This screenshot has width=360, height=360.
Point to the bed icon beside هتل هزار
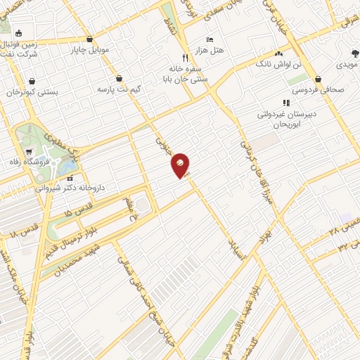click(209, 39)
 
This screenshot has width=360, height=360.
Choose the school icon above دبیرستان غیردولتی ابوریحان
click(285, 103)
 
